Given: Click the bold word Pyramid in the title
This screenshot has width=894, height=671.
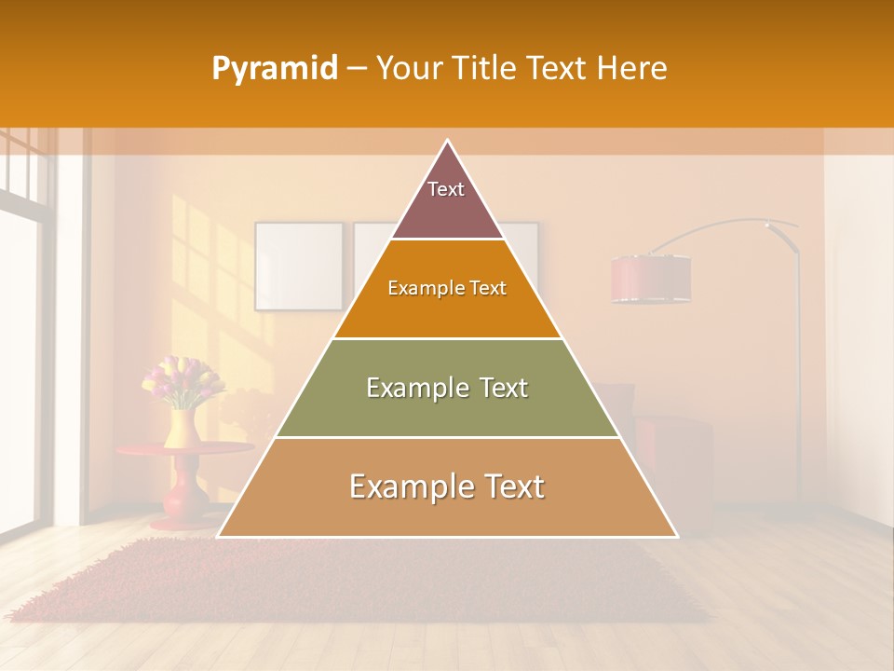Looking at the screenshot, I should pos(274,68).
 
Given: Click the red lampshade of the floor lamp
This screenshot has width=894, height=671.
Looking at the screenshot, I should pos(651,279).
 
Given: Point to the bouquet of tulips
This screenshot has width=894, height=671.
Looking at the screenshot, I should pos(183,380).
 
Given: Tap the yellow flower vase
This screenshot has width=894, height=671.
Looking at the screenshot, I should pos(182,428).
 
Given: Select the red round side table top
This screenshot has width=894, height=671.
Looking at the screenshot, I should pos(177,449).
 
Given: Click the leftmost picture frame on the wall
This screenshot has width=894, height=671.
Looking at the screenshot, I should pos(299,266).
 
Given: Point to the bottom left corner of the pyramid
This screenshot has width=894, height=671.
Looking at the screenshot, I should pos(219,536).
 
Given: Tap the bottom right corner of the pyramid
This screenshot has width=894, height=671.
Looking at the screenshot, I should pos(676,536).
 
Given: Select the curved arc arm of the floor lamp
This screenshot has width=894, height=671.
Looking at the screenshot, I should pos(717,225).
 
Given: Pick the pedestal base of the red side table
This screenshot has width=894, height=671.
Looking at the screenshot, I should pos(183,499).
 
